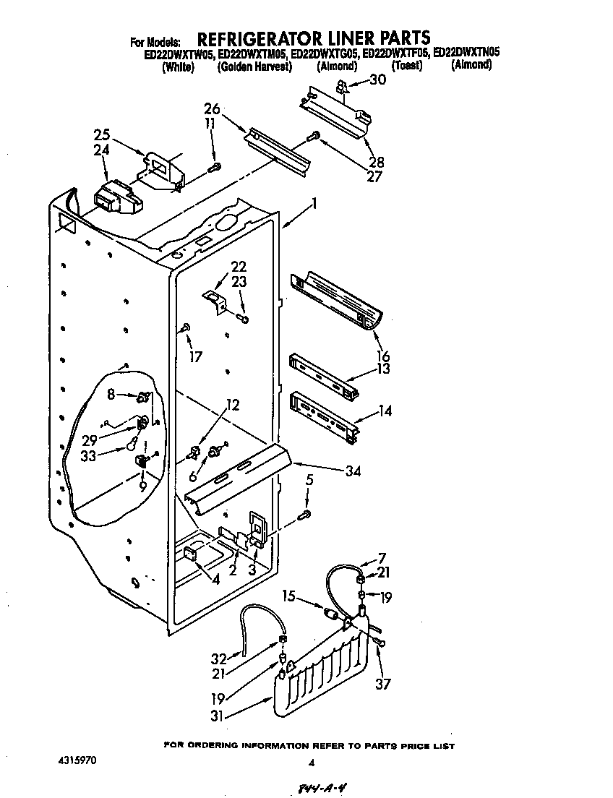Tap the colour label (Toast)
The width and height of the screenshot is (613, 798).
point(406,66)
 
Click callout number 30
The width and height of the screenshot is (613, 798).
point(377,80)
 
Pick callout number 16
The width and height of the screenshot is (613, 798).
point(383,356)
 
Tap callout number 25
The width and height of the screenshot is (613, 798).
point(102,134)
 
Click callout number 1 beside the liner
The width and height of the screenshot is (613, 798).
point(314,205)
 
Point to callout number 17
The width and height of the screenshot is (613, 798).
point(196,356)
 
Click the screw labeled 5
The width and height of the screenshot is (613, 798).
point(305,514)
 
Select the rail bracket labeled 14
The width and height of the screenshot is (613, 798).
point(323,415)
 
